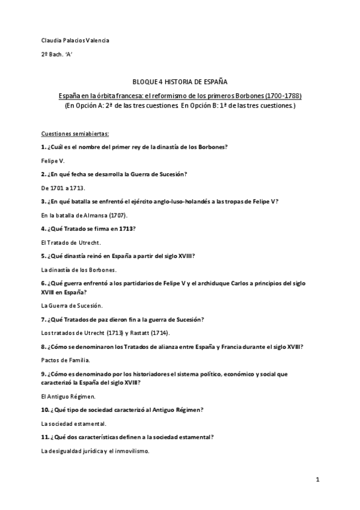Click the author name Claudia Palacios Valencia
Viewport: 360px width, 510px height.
[75, 40]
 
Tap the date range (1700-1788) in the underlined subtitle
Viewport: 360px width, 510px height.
[282, 96]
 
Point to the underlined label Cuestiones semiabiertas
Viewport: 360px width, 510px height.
[75, 134]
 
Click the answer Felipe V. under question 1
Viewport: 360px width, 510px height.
[52, 161]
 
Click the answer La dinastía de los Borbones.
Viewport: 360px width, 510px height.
[79, 269]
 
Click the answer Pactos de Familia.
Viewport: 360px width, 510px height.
[66, 360]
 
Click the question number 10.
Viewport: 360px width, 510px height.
[45, 410]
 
